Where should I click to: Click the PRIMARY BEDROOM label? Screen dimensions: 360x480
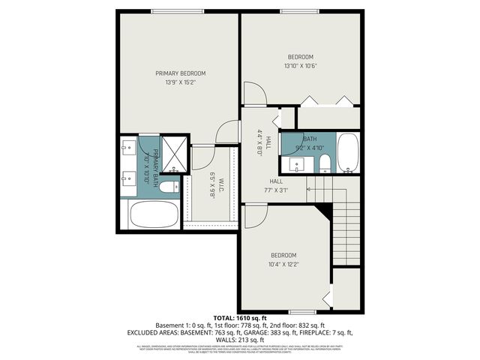tap(180, 73)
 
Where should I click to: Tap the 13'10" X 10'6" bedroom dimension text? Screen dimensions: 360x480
tap(300, 66)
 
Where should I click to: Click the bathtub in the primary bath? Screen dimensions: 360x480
tap(154, 215)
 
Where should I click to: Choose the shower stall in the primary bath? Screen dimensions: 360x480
tap(175, 154)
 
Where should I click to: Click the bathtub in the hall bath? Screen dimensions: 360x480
tap(348, 153)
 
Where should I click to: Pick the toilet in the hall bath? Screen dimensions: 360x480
tap(325, 163)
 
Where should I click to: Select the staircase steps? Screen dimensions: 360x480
tap(346, 225)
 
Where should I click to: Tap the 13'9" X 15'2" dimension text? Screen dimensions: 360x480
tap(180, 82)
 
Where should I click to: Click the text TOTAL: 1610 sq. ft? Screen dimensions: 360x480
tap(239, 318)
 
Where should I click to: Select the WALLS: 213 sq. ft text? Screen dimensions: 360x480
tap(239, 338)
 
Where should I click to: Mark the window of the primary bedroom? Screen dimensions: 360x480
tap(177, 10)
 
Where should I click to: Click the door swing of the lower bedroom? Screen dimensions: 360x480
tap(256, 214)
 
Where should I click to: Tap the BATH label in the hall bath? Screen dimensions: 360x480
tap(310, 139)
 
